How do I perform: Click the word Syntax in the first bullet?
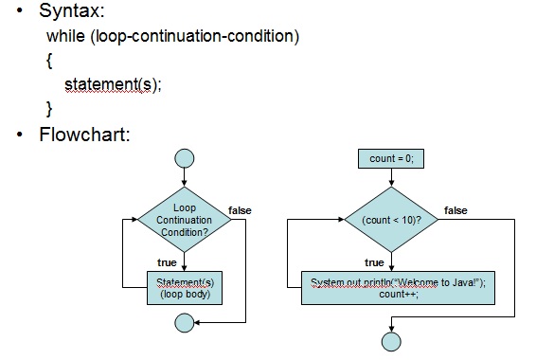pyautogui.click(x=72, y=12)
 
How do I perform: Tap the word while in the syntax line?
pyautogui.click(x=66, y=37)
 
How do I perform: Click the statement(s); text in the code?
pyautogui.click(x=113, y=85)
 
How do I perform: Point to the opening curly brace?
pyautogui.click(x=49, y=62)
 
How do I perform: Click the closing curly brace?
pyautogui.click(x=49, y=109)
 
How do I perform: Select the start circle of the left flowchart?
pyautogui.click(x=185, y=158)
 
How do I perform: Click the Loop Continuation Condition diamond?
pyautogui.click(x=185, y=219)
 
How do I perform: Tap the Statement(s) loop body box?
pyautogui.click(x=185, y=288)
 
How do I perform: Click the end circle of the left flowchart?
pyautogui.click(x=185, y=323)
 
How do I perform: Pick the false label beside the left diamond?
pyautogui.click(x=240, y=208)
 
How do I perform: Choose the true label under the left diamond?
pyautogui.click(x=166, y=262)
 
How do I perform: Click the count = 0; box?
pyautogui.click(x=391, y=158)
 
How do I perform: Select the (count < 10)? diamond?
pyautogui.click(x=391, y=220)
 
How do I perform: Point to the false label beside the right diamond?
pyautogui.click(x=456, y=210)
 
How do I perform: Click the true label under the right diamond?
pyautogui.click(x=374, y=262)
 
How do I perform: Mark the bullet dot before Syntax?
pyautogui.click(x=20, y=13)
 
